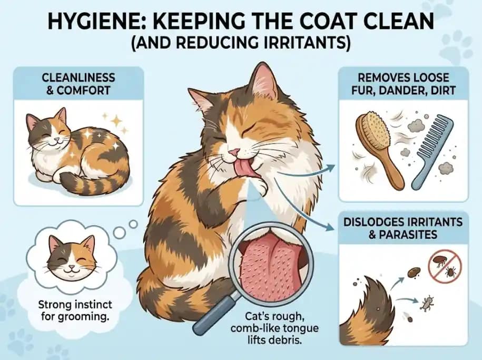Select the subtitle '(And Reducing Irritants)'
(241, 43)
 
